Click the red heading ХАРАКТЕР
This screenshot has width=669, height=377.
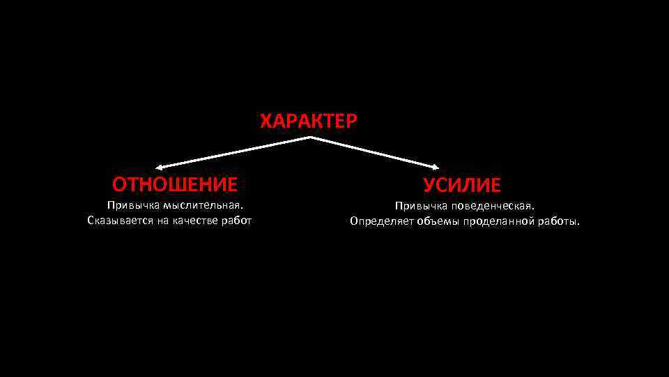[309, 121]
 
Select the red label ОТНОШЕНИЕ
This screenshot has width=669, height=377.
[175, 184]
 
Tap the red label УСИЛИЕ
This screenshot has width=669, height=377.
[461, 185]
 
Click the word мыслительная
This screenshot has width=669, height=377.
[203, 205]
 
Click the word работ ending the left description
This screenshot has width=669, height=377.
[236, 221]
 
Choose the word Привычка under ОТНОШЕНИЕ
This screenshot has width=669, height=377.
[132, 205]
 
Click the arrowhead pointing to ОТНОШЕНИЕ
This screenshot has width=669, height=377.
[158, 168]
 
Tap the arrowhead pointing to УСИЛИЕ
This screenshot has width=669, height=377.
[436, 168]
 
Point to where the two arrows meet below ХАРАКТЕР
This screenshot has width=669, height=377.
[309, 138]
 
